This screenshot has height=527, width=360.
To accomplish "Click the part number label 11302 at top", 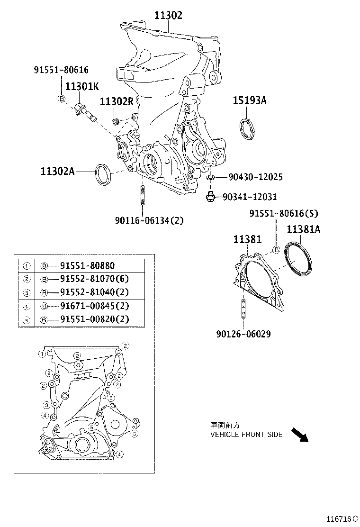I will pos(168,15).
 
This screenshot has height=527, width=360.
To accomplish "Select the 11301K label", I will pos(82,87).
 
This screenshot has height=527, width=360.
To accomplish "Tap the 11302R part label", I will pos(117,101).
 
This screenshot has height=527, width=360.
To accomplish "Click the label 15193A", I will pos(250,100).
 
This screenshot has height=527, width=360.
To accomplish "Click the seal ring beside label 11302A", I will pos(103,174).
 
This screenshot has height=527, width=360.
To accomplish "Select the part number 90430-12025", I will pos(255,177).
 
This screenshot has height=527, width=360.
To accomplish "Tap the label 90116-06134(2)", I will pos(149,220).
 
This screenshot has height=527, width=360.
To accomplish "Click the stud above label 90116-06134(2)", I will pos(142,196).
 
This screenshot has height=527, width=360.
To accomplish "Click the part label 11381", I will pos(247,240).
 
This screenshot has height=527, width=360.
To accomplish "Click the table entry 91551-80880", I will pos(87,266).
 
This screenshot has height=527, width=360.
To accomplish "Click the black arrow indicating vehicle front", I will pos(299,434).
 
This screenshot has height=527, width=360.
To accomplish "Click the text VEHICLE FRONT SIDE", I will pos(246,434).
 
